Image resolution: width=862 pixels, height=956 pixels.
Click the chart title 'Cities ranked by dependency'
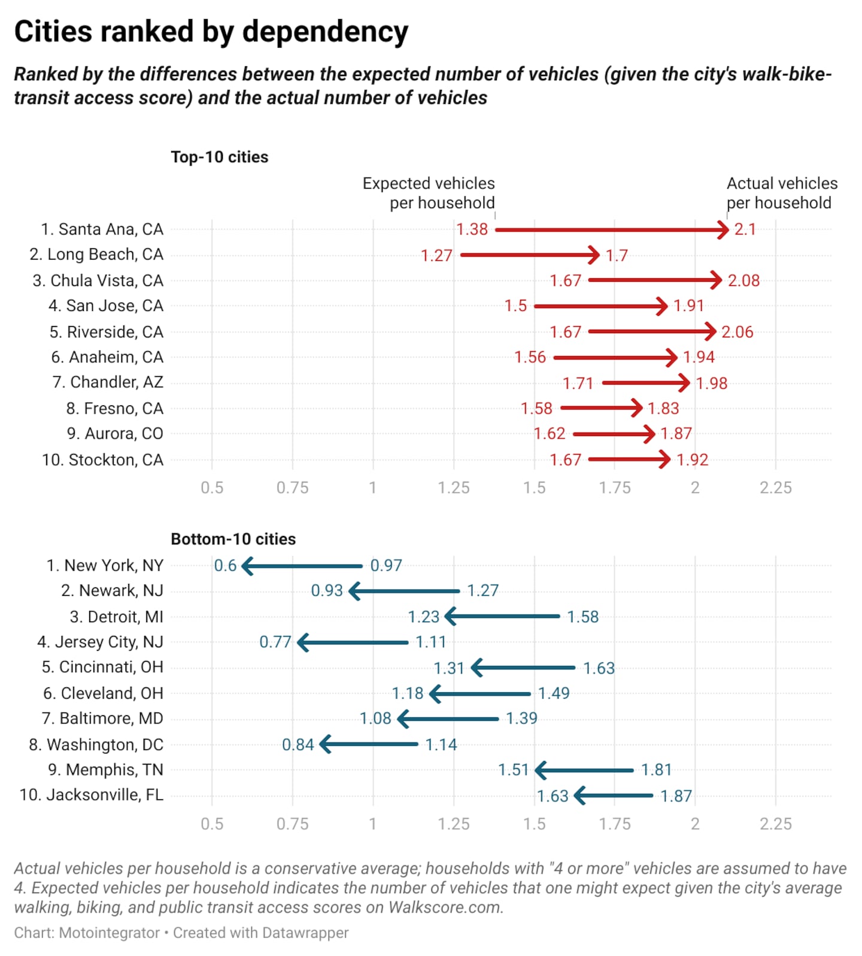pyautogui.click(x=211, y=32)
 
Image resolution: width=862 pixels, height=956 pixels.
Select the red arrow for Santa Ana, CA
pyautogui.click(x=611, y=230)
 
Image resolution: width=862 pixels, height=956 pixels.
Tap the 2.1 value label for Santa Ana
pyautogui.click(x=745, y=230)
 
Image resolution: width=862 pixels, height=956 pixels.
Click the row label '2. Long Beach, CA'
pyautogui.click(x=96, y=255)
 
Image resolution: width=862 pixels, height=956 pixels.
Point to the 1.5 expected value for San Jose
pyautogui.click(x=515, y=306)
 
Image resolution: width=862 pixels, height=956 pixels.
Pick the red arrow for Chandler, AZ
pyautogui.click(x=645, y=383)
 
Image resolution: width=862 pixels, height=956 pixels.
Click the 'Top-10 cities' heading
pyautogui.click(x=219, y=157)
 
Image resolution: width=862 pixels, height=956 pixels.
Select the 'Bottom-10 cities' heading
pyautogui.click(x=233, y=539)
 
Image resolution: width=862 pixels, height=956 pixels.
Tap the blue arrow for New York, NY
pyautogui.click(x=302, y=566)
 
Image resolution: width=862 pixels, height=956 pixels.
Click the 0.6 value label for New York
pyautogui.click(x=225, y=566)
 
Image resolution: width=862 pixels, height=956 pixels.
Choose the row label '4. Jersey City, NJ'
pyautogui.click(x=100, y=643)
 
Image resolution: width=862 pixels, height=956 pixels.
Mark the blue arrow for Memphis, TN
pyautogui.click(x=584, y=771)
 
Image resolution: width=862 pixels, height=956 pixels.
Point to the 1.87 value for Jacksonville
pyautogui.click(x=676, y=796)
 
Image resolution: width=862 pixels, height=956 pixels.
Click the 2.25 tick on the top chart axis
pyautogui.click(x=775, y=488)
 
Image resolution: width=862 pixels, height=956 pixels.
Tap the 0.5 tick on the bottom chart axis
pyautogui.click(x=212, y=824)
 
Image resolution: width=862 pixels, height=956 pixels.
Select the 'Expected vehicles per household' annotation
pyautogui.click(x=429, y=193)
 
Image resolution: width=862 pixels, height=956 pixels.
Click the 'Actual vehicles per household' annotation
pyautogui.click(x=781, y=193)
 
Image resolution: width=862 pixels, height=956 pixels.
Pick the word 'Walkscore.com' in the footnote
pyautogui.click(x=445, y=908)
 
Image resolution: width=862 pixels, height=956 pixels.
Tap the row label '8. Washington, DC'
pyautogui.click(x=96, y=745)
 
